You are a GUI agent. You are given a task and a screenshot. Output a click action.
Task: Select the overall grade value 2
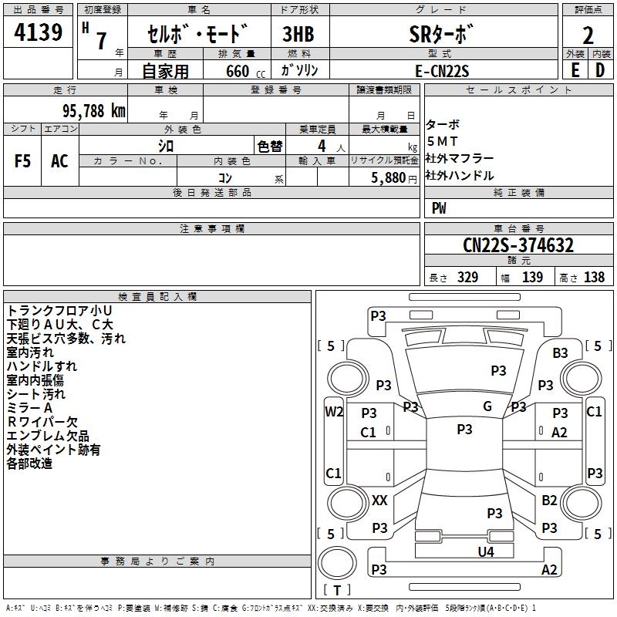588,35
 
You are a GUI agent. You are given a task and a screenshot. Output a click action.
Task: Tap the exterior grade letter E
575,70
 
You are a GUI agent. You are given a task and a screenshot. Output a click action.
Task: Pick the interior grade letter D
599,70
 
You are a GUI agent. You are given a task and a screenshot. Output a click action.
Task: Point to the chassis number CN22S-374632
518,246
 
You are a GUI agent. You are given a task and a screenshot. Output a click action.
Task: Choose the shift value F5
23,161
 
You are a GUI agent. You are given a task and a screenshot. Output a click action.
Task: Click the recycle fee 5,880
389,177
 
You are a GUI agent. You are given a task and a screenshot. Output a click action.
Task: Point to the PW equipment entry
439,207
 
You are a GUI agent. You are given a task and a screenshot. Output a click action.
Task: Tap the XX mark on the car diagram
379,501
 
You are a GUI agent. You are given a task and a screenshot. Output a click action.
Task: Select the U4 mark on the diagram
485,551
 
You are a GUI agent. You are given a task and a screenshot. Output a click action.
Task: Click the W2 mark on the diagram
334,411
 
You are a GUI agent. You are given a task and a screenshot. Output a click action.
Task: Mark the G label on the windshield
487,406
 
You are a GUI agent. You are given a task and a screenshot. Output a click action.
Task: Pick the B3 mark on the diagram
560,352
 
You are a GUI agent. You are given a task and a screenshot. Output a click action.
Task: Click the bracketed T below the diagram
337,591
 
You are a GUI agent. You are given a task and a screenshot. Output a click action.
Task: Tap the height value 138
595,278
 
